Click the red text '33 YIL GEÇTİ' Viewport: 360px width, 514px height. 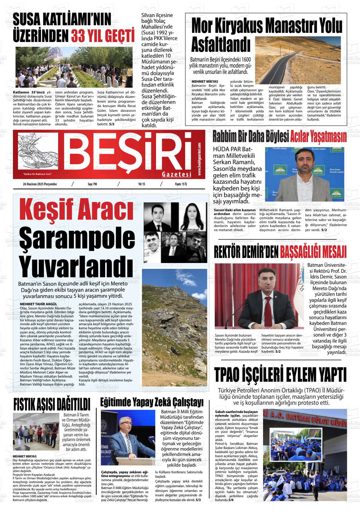(x=102, y=36)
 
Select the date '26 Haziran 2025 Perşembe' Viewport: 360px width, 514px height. (x=40, y=184)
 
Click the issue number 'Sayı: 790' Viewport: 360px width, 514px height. (x=92, y=184)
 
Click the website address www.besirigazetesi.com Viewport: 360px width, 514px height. (x=200, y=159)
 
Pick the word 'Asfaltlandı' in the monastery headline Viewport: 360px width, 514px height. (x=221, y=45)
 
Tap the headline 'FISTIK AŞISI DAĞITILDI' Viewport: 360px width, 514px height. (x=52, y=404)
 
